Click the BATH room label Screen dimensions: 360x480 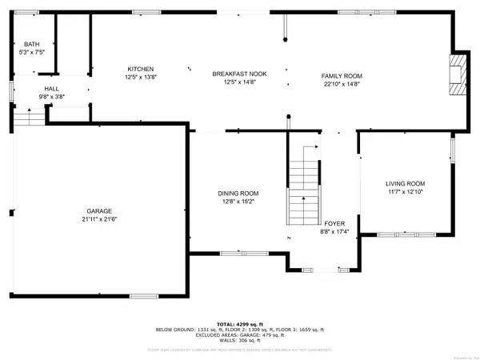[32, 44]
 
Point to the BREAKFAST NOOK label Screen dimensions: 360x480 [239, 74]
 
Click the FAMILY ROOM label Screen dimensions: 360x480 [342, 74]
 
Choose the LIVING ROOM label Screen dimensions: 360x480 [405, 183]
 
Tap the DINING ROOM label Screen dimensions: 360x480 [238, 193]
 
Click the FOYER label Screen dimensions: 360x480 [334, 223]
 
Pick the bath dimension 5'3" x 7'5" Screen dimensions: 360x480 [32, 52]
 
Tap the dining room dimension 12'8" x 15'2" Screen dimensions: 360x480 [238, 201]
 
